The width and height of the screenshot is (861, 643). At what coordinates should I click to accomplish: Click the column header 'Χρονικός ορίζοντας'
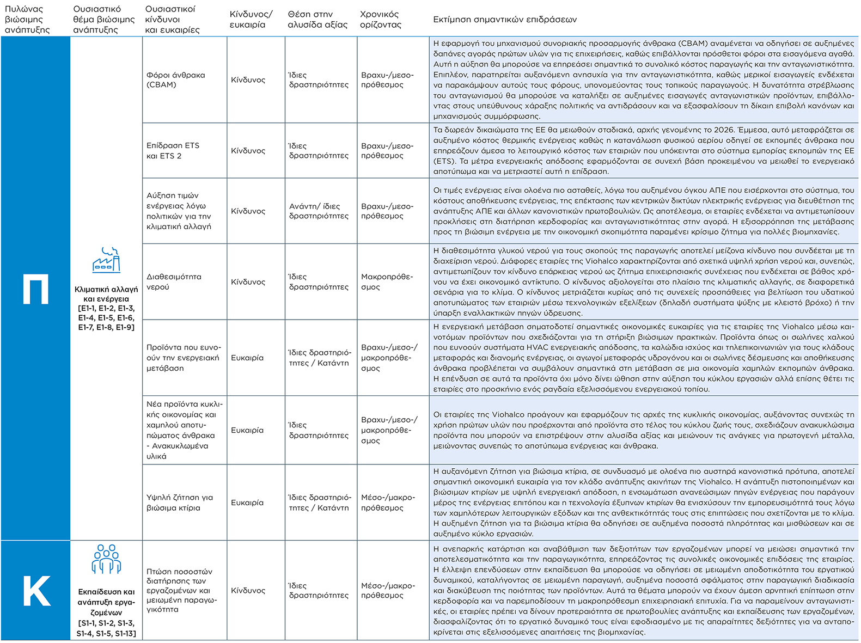coord(380,20)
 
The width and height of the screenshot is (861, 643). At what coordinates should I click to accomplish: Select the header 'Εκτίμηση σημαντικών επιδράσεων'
coord(505,20)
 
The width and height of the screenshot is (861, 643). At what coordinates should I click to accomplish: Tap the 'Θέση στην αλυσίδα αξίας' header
coord(317,20)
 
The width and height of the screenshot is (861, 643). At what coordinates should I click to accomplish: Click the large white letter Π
coord(36,289)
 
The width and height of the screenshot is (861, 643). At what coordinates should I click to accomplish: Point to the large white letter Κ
coord(36,591)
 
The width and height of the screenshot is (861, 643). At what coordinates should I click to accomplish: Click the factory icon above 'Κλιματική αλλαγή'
coord(106,260)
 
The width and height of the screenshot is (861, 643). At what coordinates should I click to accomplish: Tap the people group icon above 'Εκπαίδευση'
coord(106,559)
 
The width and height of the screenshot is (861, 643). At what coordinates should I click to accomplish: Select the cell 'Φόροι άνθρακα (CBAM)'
coord(176,79)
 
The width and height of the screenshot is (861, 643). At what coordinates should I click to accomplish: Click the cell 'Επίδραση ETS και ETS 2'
coord(173,151)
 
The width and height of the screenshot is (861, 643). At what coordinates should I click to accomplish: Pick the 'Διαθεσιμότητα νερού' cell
coord(174,281)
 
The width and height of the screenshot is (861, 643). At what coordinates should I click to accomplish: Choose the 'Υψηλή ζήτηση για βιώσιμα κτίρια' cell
coord(180,503)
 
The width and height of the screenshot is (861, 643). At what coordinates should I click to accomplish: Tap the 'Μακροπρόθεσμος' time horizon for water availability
coord(387,281)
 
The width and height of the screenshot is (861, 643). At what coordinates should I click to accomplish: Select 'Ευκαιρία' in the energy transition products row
coord(247,358)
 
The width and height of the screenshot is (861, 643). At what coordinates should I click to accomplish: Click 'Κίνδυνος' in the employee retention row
coord(248,590)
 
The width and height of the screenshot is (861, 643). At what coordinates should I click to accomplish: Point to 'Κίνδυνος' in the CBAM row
coord(248,79)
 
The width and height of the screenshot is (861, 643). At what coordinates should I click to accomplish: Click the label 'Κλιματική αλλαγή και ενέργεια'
coord(106,294)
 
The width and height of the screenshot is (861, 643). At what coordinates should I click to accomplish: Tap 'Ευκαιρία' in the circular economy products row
coord(247,430)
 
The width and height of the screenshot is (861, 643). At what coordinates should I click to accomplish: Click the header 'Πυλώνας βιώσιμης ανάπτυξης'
coord(27,20)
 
